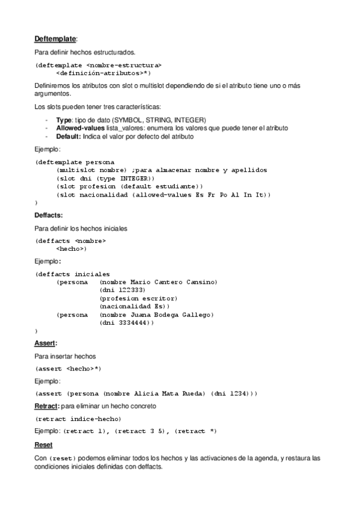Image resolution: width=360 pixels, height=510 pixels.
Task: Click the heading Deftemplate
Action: [x=55, y=39]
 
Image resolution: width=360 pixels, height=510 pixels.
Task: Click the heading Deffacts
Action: [x=48, y=215]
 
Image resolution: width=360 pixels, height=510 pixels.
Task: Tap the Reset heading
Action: [x=43, y=444]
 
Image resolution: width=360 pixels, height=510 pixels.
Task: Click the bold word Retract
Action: [x=46, y=406]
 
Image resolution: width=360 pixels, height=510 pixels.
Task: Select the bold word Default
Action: [x=69, y=136]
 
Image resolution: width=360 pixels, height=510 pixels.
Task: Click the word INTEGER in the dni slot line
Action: [x=136, y=179]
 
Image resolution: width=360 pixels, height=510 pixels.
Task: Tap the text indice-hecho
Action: [x=96, y=419]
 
